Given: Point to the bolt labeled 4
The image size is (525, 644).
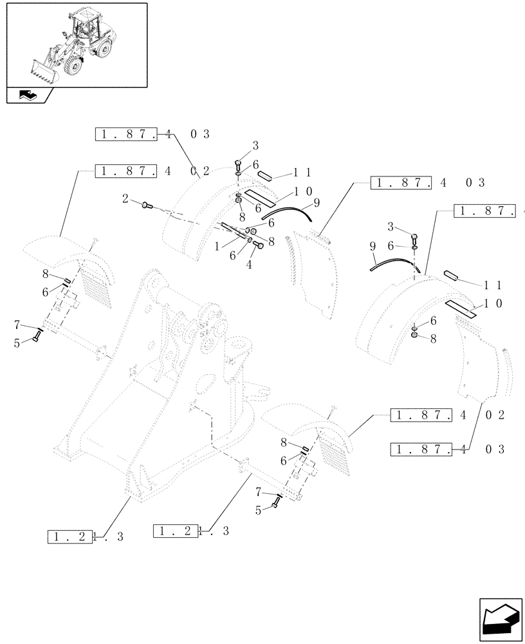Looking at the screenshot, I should (x=259, y=245).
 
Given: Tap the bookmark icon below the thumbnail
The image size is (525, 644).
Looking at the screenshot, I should (x=28, y=95).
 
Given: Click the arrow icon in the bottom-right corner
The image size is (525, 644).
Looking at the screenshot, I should (x=497, y=619).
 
